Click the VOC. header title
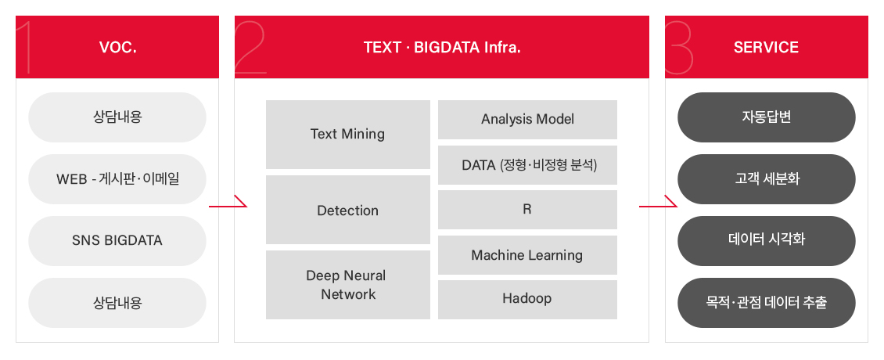pyautogui.click(x=118, y=48)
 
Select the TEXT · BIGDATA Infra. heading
pyautogui.click(x=442, y=48)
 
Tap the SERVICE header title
pyautogui.click(x=766, y=48)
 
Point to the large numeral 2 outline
pyautogui.click(x=250, y=48)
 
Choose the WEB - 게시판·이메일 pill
pyautogui.click(x=117, y=179)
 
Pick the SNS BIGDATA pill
pyautogui.click(x=117, y=241)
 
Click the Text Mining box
pyautogui.click(x=348, y=135)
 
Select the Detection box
pyautogui.click(x=348, y=210)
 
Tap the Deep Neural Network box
pyautogui.click(x=348, y=285)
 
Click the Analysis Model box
pyautogui.click(x=528, y=120)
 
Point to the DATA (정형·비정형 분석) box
pyautogui.click(x=528, y=165)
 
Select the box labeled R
pyautogui.click(x=528, y=210)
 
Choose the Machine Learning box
pyautogui.click(x=528, y=255)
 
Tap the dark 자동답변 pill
pyautogui.click(x=767, y=117)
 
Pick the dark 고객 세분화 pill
pyautogui.click(x=767, y=179)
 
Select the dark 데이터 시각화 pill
pyautogui.click(x=767, y=241)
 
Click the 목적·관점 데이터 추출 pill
pyautogui.click(x=767, y=303)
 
